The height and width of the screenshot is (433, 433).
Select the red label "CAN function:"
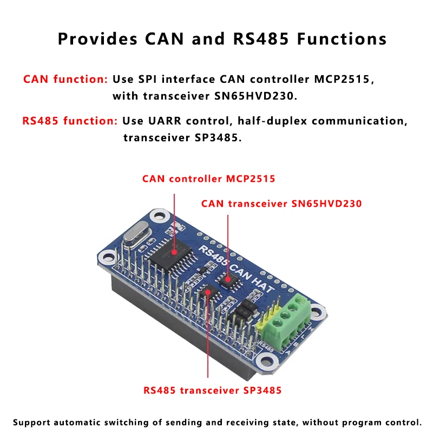pos(65,79)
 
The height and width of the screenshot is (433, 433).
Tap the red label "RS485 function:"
pos(70,121)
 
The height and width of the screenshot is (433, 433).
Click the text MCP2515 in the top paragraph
pos(344,79)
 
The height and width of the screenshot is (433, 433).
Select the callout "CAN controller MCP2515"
pos(208,179)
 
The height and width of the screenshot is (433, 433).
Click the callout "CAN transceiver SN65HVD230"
pos(281,204)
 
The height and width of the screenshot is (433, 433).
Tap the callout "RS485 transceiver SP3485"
pos(212,390)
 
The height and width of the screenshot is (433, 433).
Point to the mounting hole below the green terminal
pos(266,362)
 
